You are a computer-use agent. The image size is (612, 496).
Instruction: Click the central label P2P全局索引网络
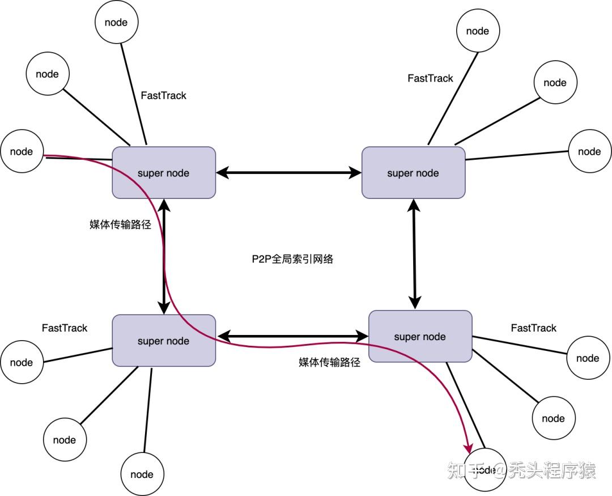(293, 259)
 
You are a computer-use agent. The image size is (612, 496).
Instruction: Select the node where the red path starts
(22, 151)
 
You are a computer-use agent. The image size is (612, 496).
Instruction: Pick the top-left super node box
(164, 173)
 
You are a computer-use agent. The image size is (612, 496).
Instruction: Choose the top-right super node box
(413, 173)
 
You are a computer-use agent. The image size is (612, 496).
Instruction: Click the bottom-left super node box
(164, 341)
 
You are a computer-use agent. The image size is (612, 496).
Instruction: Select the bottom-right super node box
(420, 336)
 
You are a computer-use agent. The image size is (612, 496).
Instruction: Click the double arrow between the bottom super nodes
(292, 337)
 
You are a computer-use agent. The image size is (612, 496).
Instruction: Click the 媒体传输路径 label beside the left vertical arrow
(120, 224)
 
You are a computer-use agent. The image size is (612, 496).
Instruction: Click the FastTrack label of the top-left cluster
(163, 96)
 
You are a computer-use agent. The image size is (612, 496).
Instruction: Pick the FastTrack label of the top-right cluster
(430, 79)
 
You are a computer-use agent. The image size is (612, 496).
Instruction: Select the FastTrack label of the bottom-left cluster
(65, 328)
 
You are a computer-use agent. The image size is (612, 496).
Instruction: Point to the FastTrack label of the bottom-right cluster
(533, 328)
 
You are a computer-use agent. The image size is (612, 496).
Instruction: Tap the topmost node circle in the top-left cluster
(116, 23)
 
